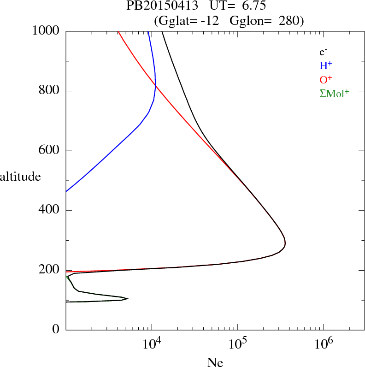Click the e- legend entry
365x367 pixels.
[x=323, y=52]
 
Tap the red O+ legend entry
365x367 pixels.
[x=325, y=80]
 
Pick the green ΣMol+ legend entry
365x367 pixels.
[x=334, y=94]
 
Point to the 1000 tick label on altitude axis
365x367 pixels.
[x=46, y=31]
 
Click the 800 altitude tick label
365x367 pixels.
[x=49, y=91]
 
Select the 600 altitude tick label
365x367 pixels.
[x=49, y=151]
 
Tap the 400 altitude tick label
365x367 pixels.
[x=49, y=211]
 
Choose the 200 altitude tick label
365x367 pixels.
[x=49, y=271]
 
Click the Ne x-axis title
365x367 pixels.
[x=215, y=362]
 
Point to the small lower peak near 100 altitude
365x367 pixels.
[x=127, y=299]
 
